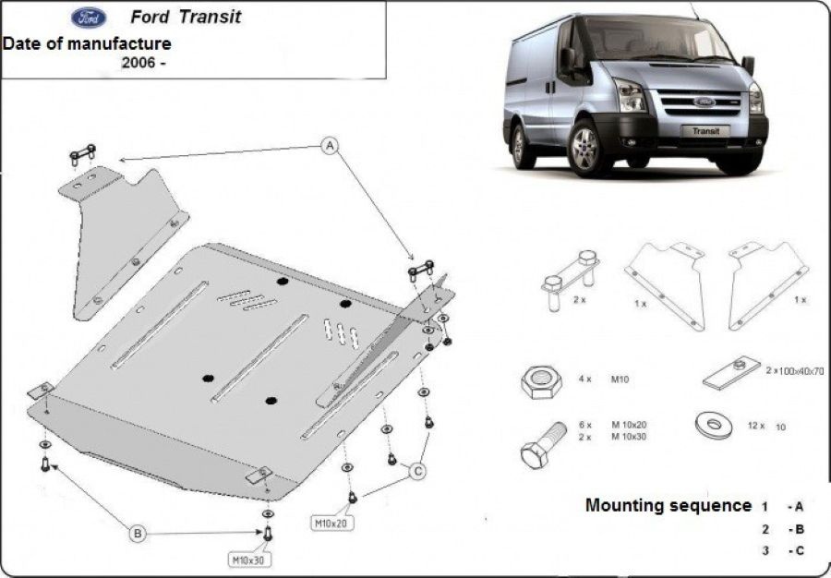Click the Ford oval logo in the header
click(x=88, y=18)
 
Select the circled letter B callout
click(x=137, y=533)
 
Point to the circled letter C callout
click(x=417, y=472)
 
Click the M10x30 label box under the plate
click(x=247, y=559)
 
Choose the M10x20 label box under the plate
click(x=331, y=524)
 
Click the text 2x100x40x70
click(x=793, y=371)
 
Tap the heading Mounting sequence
click(x=668, y=505)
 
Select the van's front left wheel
click(x=584, y=148)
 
